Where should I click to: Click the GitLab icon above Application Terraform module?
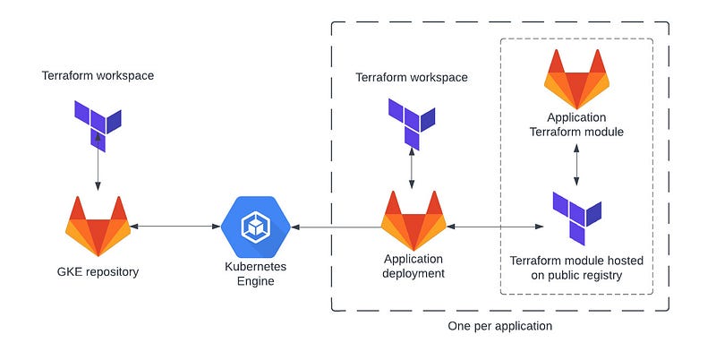coord(576,81)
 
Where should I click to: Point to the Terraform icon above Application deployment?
coord(412,123)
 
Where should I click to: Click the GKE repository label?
coord(98,271)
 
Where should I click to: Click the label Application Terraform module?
coord(576,124)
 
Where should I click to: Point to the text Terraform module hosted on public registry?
coord(576,268)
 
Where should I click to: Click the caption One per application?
coord(499,326)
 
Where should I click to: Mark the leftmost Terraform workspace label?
coord(98,75)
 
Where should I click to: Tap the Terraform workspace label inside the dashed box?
coord(412,77)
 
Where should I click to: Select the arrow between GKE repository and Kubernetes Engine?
coord(175,226)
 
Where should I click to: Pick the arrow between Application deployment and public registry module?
coord(495,227)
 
